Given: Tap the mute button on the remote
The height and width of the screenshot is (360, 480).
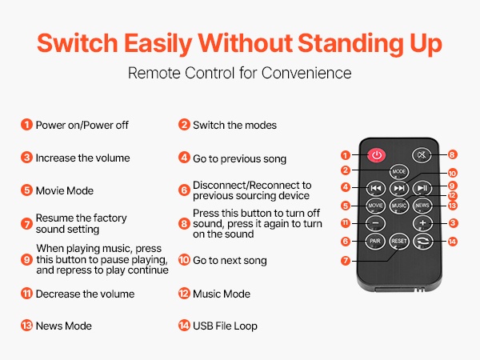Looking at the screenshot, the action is [x=422, y=155].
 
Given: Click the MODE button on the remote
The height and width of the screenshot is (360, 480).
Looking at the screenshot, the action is [x=399, y=171].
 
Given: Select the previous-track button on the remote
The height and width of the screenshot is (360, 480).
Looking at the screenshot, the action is [x=376, y=188].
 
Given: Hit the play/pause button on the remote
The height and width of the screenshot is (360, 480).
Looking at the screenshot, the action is [x=422, y=188].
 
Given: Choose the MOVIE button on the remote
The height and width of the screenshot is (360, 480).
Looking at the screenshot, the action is [x=375, y=205].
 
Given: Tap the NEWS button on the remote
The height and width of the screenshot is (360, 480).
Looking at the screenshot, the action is [x=422, y=205].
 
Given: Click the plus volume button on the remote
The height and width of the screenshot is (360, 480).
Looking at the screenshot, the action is [x=422, y=223].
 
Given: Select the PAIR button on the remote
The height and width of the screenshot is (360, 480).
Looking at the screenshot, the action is [x=375, y=242].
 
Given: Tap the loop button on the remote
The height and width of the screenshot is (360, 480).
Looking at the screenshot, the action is [x=422, y=242].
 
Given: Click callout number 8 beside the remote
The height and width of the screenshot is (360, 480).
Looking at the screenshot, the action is [x=452, y=154].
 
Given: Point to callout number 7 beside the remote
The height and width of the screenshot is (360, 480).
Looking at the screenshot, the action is [x=346, y=261].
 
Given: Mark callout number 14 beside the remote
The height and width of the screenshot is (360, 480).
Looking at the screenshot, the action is [x=452, y=242].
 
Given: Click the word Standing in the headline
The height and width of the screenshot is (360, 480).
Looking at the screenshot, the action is [x=350, y=43].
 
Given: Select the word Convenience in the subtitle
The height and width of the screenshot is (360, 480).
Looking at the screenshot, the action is [x=306, y=73].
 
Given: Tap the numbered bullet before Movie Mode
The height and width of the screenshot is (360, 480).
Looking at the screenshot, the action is [x=26, y=190].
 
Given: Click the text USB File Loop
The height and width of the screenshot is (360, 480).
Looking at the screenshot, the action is [x=225, y=326].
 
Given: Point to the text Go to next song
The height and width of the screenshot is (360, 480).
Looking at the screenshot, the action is [x=230, y=261].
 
